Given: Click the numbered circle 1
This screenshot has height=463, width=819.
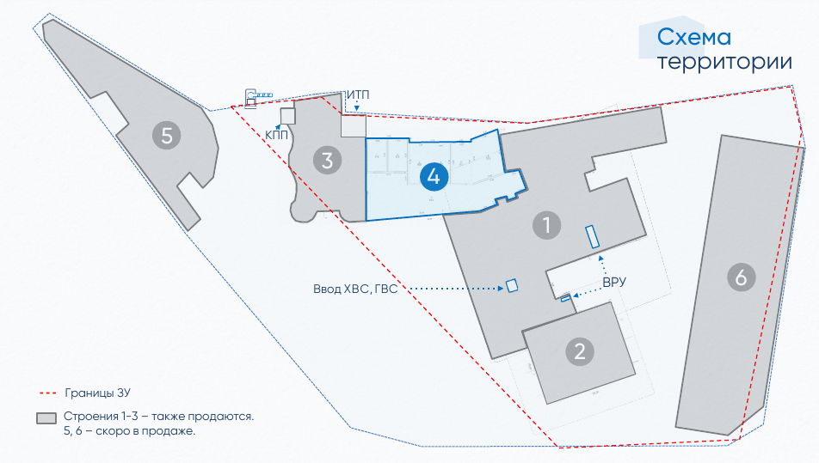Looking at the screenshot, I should click(x=546, y=226).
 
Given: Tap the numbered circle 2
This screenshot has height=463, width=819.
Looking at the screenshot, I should click(x=580, y=350).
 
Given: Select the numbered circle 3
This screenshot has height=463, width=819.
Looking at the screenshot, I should click(x=327, y=160).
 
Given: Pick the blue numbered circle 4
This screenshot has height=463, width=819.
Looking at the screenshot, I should click(x=434, y=177).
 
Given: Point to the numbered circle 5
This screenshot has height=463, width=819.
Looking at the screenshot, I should click(x=167, y=134).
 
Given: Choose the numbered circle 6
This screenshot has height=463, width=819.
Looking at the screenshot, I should click(x=741, y=277).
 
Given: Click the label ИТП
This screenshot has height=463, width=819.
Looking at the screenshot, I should click(x=359, y=94).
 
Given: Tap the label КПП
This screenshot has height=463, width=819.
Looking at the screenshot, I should click(x=277, y=135).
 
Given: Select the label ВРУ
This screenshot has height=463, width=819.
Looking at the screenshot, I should click(x=613, y=282).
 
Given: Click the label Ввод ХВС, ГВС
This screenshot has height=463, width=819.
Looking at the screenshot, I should click(x=355, y=289).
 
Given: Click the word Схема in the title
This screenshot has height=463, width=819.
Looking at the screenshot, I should click(x=693, y=37).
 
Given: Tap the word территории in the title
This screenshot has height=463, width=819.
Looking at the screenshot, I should click(x=724, y=62).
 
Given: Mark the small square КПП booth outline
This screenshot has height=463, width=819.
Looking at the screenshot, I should click(x=287, y=116).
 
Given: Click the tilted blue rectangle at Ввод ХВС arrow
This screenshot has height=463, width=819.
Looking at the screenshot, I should click(x=512, y=285).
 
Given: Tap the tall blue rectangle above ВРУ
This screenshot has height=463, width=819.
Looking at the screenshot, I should click(x=592, y=236).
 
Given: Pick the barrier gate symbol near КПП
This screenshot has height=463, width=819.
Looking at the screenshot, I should click(x=258, y=95).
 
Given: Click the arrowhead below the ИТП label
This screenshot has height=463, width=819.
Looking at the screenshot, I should click(x=357, y=109).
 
